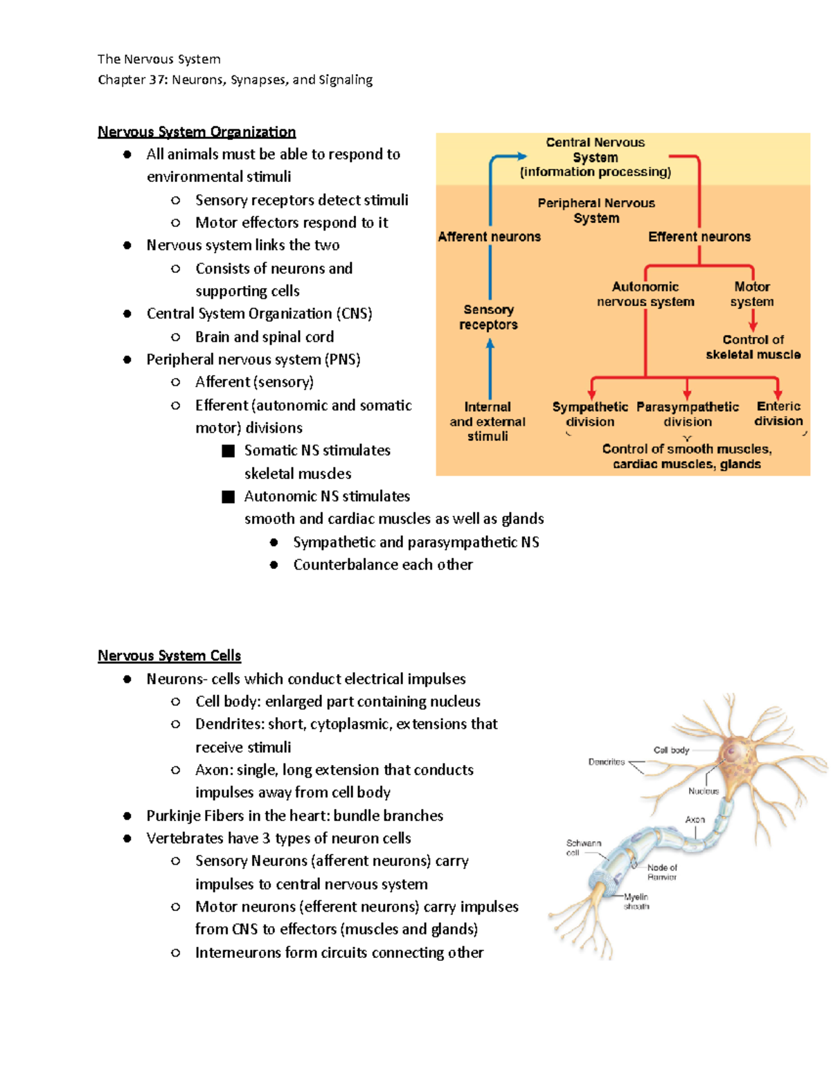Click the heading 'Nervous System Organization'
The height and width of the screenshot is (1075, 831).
[197, 132]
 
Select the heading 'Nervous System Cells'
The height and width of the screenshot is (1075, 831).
[169, 656]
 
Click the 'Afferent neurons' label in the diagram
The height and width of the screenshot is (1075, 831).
[489, 237]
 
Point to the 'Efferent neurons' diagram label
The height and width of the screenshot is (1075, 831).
[699, 237]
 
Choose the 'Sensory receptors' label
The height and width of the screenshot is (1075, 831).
[488, 317]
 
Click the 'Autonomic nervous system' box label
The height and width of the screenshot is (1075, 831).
[645, 294]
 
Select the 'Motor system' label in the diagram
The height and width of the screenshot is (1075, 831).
[752, 294]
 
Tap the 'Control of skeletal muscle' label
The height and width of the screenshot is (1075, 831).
[753, 347]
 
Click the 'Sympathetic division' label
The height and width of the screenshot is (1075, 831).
[590, 414]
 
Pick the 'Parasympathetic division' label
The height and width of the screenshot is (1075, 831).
[687, 414]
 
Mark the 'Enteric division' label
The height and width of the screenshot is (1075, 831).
[778, 413]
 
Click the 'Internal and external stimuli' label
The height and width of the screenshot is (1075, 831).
[488, 422]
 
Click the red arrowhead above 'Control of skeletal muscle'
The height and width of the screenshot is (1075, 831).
[753, 325]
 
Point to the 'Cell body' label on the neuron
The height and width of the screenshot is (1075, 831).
[671, 750]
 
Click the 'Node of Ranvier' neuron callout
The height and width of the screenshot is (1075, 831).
[662, 872]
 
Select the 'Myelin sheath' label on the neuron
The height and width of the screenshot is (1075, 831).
[636, 901]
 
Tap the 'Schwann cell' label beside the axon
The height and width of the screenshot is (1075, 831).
[583, 848]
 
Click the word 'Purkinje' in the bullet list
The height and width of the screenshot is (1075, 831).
[174, 815]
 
